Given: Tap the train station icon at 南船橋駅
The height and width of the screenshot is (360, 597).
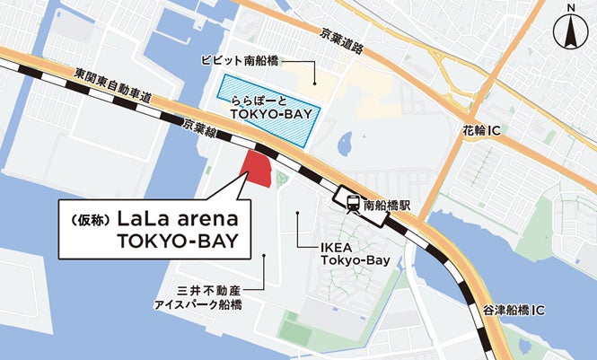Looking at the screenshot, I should click(346, 203).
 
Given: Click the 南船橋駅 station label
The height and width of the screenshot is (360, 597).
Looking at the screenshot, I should click(386, 204).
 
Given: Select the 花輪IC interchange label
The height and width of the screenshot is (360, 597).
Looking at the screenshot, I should click(482, 131).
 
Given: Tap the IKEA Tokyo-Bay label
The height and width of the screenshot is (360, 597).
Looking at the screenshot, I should click(356, 253).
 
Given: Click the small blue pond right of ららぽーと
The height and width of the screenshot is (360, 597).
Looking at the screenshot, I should click(345, 141).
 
